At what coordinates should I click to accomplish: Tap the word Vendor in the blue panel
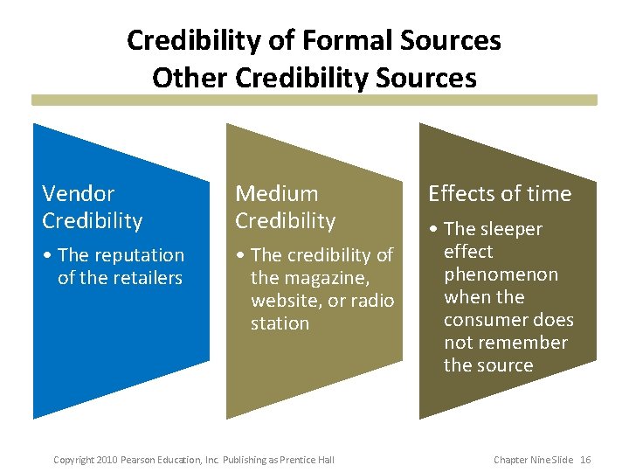[79, 193]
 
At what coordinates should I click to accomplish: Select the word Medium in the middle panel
[277, 193]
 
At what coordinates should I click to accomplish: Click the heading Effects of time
[499, 193]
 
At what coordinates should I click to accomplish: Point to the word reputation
[138, 255]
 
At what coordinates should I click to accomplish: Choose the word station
[280, 323]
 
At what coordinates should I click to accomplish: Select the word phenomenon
[500, 274]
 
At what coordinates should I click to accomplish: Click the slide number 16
[585, 460]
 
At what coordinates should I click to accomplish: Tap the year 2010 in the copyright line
[107, 460]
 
